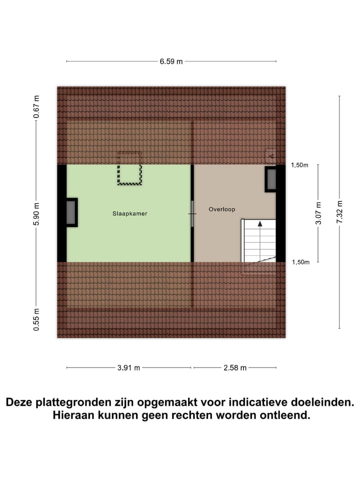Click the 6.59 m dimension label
(x=171, y=61)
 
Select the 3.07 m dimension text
(x=318, y=213)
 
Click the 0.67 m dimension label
(x=36, y=107)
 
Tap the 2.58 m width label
(x=234, y=368)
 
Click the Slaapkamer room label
(x=129, y=213)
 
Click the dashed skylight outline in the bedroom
(x=129, y=168)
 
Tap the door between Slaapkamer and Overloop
(x=192, y=213)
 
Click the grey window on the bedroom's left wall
(x=71, y=212)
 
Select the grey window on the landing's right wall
(x=271, y=179)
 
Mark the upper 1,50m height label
(x=299, y=165)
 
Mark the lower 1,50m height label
(x=299, y=262)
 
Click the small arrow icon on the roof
(x=270, y=156)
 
